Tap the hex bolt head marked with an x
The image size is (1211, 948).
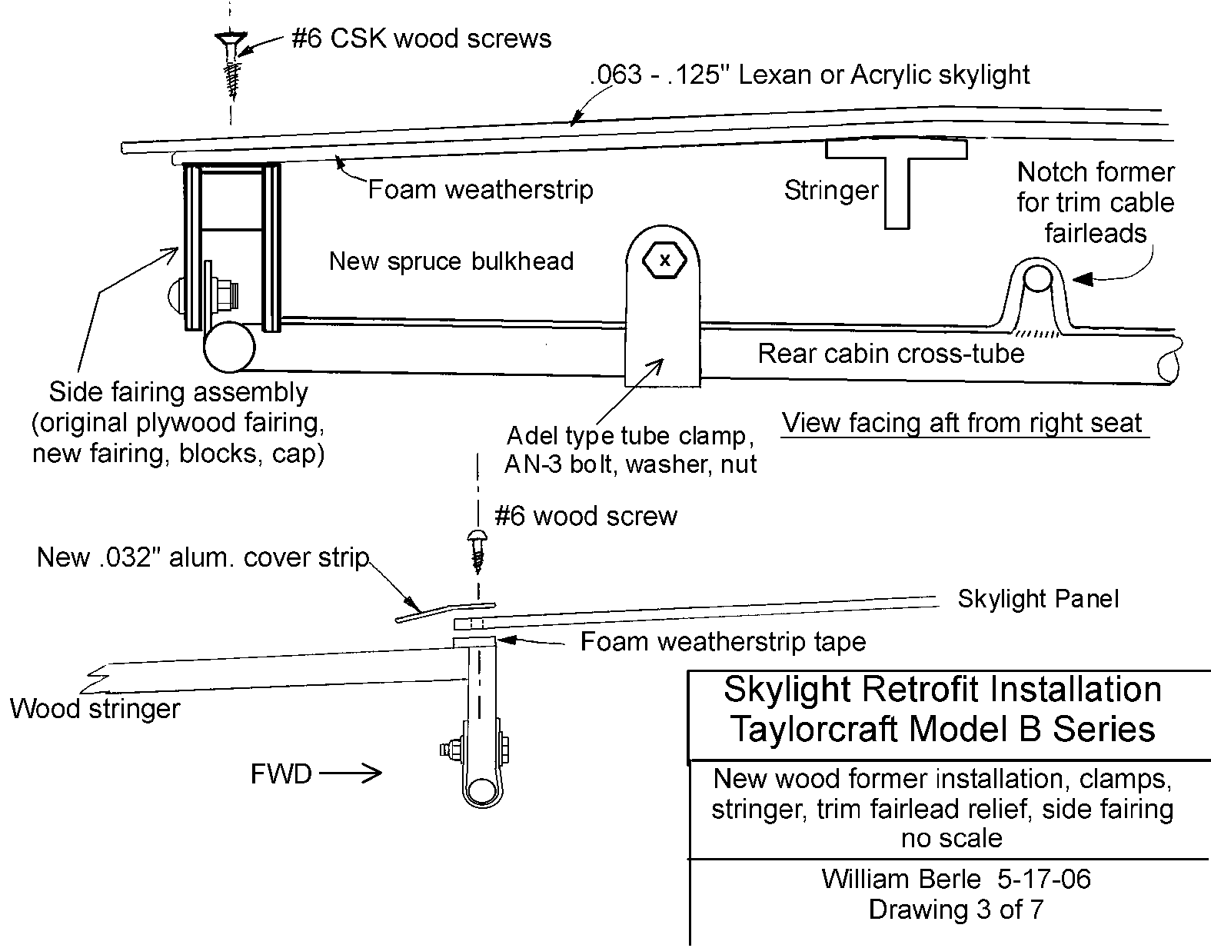click(x=664, y=261)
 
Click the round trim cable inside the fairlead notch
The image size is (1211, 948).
click(x=1037, y=278)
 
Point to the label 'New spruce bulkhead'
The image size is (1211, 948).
click(x=451, y=261)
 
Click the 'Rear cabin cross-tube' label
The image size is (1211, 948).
click(x=890, y=354)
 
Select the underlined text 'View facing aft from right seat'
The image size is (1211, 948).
click(x=962, y=423)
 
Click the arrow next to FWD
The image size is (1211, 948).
click(x=351, y=773)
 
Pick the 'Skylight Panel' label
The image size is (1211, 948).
click(x=1038, y=599)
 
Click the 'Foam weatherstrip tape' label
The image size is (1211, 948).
click(x=723, y=641)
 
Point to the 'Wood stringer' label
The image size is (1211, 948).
click(x=95, y=708)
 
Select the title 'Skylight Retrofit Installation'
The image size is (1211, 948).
click(x=942, y=690)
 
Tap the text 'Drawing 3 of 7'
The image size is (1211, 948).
click(x=956, y=910)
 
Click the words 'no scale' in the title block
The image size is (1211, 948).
click(x=951, y=837)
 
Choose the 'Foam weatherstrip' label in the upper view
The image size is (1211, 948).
click(x=481, y=189)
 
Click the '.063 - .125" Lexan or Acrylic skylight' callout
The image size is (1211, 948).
click(x=810, y=75)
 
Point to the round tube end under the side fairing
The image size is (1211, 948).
click(x=228, y=347)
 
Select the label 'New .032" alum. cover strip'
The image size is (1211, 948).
click(x=203, y=557)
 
